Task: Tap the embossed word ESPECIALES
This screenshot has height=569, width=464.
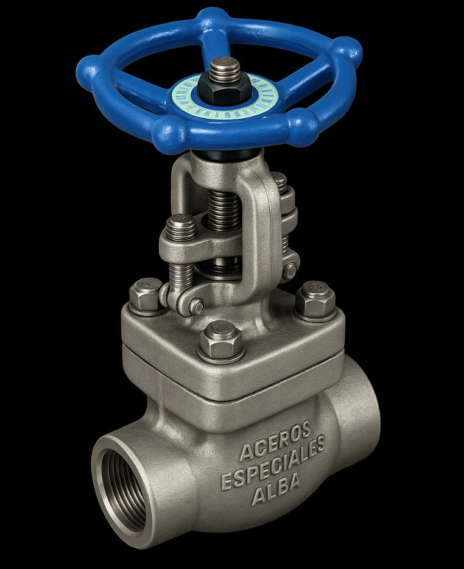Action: (x=273, y=462)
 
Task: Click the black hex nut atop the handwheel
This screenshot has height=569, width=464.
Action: (x=225, y=90)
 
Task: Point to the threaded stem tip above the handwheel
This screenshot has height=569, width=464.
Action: (x=225, y=68)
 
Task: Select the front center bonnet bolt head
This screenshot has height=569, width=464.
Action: (x=221, y=341)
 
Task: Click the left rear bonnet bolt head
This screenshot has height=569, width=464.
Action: (x=146, y=295)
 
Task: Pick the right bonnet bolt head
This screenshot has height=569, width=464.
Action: (x=315, y=300)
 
